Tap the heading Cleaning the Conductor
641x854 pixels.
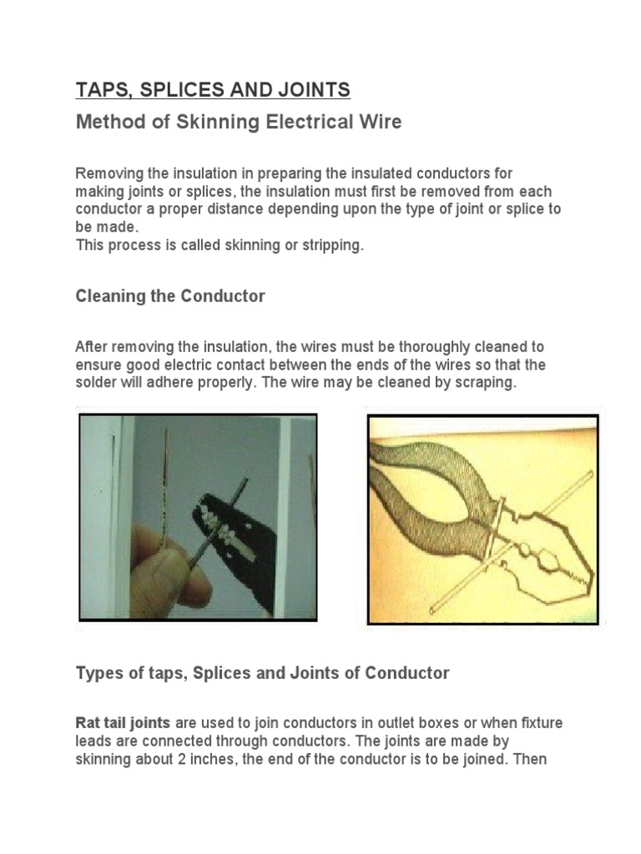tap(170, 296)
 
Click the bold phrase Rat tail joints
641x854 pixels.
tap(123, 722)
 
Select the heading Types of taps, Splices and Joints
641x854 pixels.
tap(262, 672)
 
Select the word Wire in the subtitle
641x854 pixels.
tap(377, 122)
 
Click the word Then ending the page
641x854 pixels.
tap(531, 760)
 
